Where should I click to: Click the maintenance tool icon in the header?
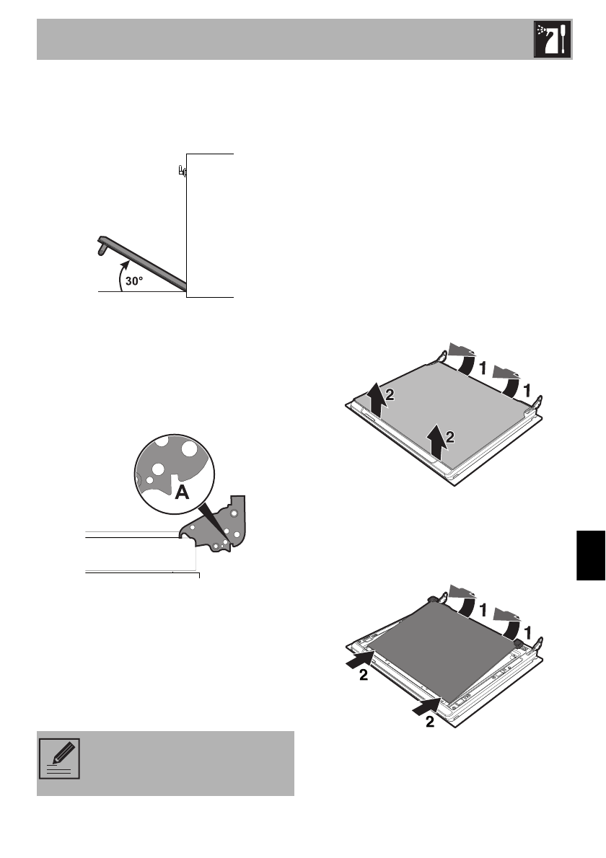[x=552, y=40]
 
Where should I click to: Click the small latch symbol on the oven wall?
[x=182, y=172]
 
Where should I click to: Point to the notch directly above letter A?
[x=175, y=477]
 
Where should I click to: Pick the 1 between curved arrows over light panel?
[x=481, y=367]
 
